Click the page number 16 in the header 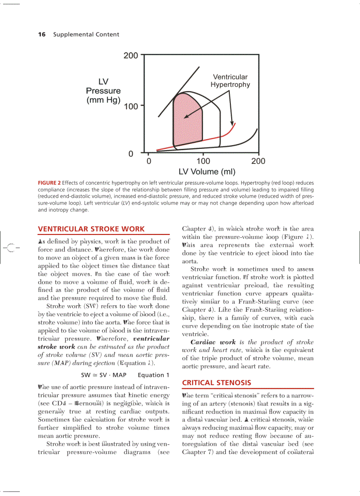click(x=42, y=34)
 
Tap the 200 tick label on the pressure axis click(x=131, y=56)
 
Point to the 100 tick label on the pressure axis click(x=131, y=106)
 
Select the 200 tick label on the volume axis click(x=258, y=161)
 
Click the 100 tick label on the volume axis click(x=203, y=161)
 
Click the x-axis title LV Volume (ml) click(x=206, y=172)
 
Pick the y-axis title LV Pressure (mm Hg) click(x=103, y=91)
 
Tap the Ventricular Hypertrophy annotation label click(x=230, y=81)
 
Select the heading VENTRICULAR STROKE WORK click(x=91, y=229)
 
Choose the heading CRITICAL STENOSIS click(x=217, y=382)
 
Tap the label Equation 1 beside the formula click(x=154, y=375)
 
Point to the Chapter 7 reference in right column click(x=197, y=452)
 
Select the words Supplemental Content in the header click(x=86, y=34)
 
